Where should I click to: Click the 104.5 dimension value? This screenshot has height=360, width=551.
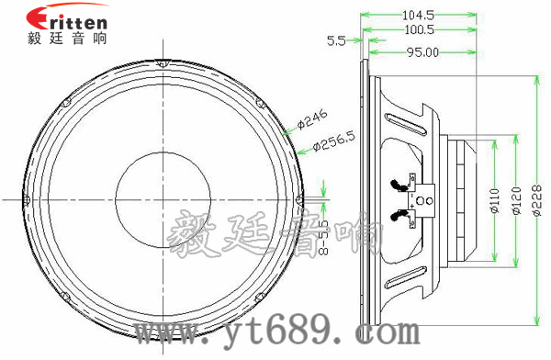(x=418, y=14)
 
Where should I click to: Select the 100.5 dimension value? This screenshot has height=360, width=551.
(x=418, y=29)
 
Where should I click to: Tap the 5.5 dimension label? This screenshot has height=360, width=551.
(x=336, y=40)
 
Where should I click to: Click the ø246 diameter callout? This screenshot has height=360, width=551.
(x=313, y=118)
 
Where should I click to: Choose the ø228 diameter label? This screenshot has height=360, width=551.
(x=537, y=198)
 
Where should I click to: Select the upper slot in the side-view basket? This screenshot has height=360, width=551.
(x=404, y=120)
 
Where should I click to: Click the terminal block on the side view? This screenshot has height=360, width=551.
(x=423, y=198)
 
